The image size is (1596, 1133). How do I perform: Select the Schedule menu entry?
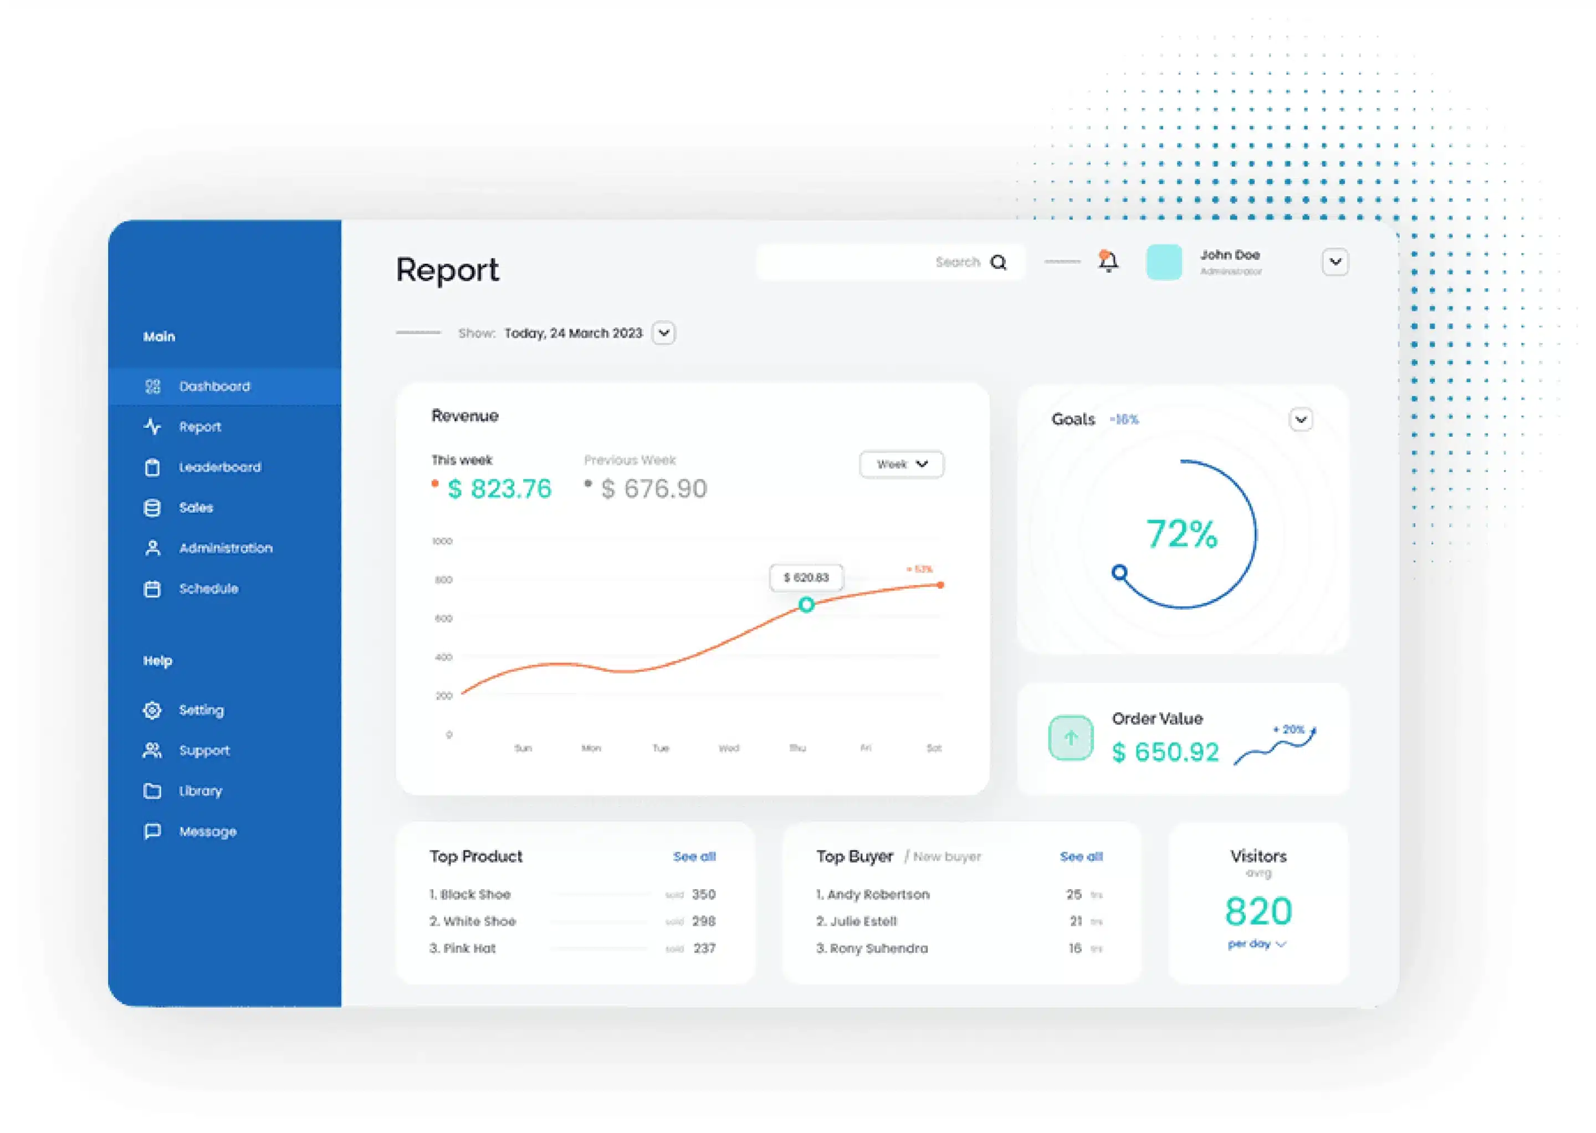208,589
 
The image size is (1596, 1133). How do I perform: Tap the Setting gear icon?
152,710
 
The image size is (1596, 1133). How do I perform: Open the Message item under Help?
207,831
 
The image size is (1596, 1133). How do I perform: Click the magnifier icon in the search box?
998,262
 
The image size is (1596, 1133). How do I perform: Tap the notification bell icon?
1108,262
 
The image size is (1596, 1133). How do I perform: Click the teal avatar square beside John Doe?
1164,262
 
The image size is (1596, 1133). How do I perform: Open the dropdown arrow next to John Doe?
1334,262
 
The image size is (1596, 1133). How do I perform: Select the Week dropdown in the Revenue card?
901,464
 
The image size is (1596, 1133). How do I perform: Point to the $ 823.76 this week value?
499,489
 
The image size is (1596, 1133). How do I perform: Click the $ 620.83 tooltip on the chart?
806,578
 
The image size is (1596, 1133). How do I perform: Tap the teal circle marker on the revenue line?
806,605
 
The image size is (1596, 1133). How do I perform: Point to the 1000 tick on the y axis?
442,542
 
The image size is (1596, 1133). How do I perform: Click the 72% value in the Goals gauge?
1181,535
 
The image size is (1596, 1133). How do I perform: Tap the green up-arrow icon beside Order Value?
1071,738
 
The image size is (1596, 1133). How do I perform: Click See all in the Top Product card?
694,857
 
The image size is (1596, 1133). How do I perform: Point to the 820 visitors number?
1259,911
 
